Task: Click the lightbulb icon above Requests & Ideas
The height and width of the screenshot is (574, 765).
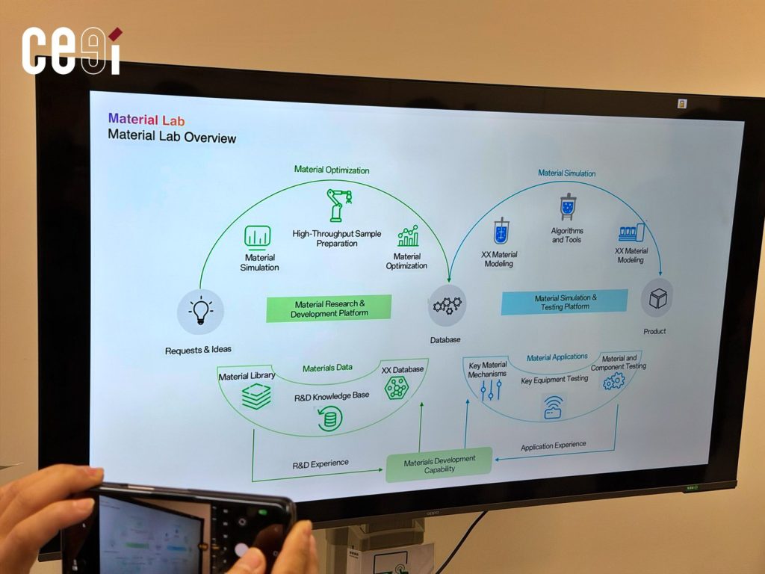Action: click(200, 311)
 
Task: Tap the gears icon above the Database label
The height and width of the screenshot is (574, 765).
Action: click(447, 305)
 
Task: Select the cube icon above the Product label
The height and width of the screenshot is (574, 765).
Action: click(657, 298)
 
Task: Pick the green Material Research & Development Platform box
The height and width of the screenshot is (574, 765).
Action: click(329, 308)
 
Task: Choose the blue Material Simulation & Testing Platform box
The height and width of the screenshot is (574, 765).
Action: click(564, 302)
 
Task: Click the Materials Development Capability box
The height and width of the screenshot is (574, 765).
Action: click(439, 464)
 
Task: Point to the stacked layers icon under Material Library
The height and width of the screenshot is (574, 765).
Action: click(256, 396)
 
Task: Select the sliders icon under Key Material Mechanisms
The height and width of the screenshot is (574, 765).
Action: click(490, 389)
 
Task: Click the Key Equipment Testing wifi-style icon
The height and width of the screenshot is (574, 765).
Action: click(554, 407)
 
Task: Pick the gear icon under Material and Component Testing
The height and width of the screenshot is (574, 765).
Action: click(614, 382)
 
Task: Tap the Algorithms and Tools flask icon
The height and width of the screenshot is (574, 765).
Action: click(569, 207)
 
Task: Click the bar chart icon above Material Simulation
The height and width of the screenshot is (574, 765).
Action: click(258, 238)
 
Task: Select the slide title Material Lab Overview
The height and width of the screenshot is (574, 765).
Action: click(172, 137)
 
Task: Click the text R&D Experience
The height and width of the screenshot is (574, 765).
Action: click(320, 463)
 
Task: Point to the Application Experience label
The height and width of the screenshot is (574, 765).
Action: click(553, 445)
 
